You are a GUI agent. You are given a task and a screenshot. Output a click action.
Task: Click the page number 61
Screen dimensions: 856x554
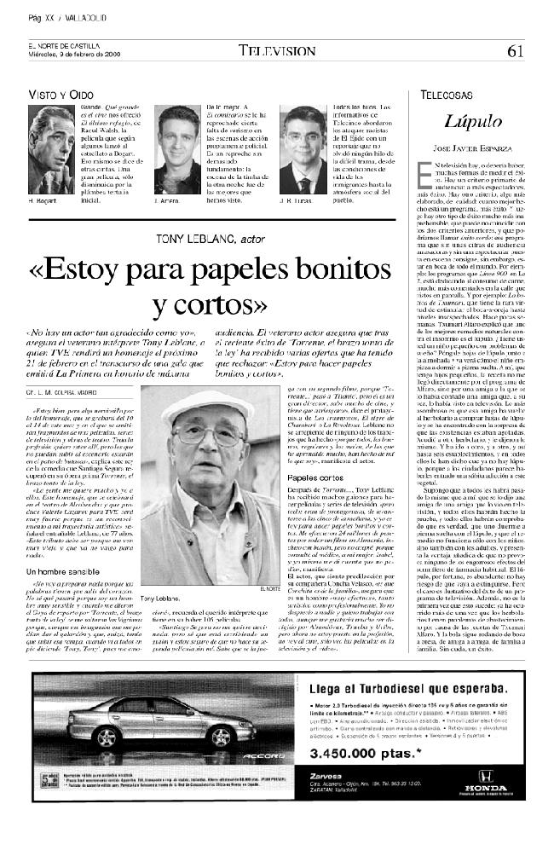(515, 50)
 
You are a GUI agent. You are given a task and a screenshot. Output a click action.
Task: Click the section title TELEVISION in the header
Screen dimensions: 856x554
(276, 50)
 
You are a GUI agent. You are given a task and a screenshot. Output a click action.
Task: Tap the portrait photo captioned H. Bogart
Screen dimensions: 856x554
(51, 149)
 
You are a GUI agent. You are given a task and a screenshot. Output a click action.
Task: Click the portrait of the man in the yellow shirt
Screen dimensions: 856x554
(177, 149)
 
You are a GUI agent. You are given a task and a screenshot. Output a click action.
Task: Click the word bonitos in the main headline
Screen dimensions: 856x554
(340, 274)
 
